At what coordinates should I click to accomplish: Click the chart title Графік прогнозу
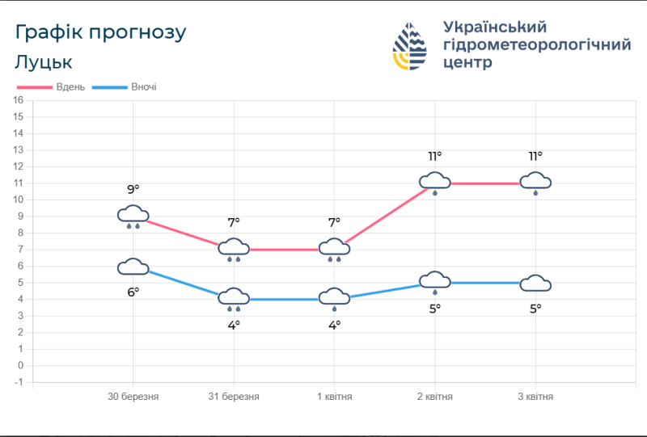tap(101, 32)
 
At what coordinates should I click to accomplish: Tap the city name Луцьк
tap(44, 62)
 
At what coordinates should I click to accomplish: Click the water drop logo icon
tap(411, 47)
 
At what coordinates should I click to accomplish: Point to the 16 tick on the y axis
tap(19, 100)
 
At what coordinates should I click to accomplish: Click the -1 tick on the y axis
tap(19, 382)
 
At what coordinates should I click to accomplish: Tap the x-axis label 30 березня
tap(133, 397)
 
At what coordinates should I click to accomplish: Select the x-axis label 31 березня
tap(234, 397)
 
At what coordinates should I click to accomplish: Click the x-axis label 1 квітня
tap(334, 397)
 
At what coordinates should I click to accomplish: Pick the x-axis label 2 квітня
tap(435, 397)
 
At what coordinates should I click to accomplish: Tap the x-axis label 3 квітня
tap(535, 397)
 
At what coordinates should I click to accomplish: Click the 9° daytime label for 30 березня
tap(133, 190)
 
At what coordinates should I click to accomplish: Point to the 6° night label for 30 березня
tap(133, 292)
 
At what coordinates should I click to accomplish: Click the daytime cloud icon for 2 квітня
tap(435, 182)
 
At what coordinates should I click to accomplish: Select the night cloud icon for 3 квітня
tap(535, 283)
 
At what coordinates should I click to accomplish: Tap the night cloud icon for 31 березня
tap(234, 298)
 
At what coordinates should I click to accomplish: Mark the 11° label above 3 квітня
tap(535, 157)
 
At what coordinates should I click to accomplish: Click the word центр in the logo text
tap(467, 63)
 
